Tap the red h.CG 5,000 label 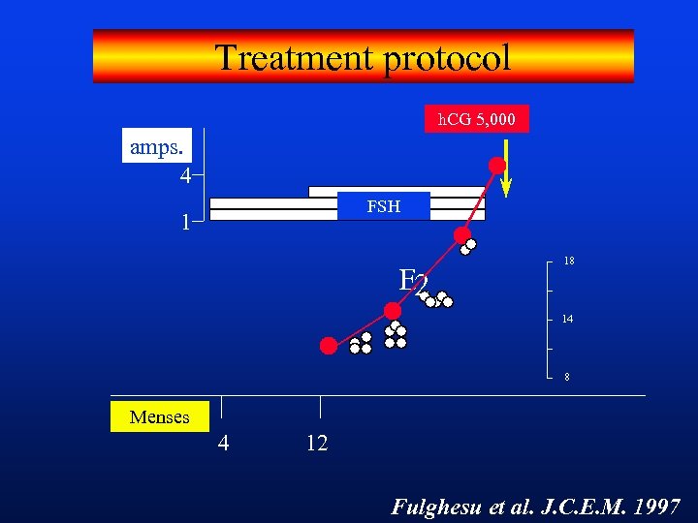(477, 119)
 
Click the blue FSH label (383, 206)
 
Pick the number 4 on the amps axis (184, 176)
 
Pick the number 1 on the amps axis (184, 222)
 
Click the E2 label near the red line (413, 281)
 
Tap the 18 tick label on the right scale (569, 261)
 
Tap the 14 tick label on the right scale (568, 319)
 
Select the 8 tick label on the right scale (568, 378)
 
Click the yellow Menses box (159, 416)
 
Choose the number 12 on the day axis (316, 444)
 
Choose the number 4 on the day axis (223, 444)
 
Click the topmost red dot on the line (497, 166)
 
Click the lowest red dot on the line (330, 345)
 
